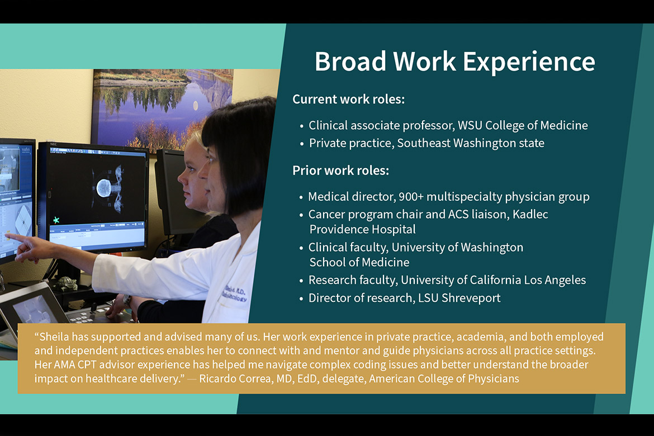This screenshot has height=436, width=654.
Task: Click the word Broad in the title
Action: click(350, 61)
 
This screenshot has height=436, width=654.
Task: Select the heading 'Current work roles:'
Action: click(348, 99)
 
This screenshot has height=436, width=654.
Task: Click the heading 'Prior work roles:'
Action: click(340, 170)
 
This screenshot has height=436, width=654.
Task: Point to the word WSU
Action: click(470, 125)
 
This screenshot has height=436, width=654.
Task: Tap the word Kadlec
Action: click(530, 214)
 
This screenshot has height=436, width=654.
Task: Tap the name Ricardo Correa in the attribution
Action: click(236, 378)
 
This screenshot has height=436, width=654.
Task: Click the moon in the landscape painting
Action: click(196, 106)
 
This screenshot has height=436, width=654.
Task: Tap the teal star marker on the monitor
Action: click(56, 220)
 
